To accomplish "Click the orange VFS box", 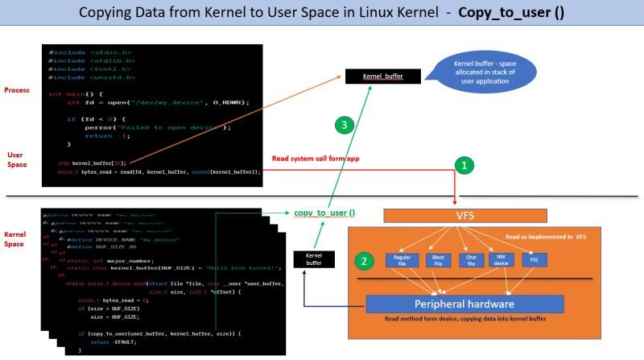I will (464, 215).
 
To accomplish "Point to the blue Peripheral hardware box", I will (464, 305).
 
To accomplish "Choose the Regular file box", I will (402, 259).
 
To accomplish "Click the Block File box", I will (438, 259).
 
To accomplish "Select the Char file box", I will (470, 259).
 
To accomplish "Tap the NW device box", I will (502, 259).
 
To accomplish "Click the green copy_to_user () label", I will (324, 213).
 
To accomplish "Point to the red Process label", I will (18, 90).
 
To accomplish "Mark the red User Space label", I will (15, 159).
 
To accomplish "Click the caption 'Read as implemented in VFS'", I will (533, 238).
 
